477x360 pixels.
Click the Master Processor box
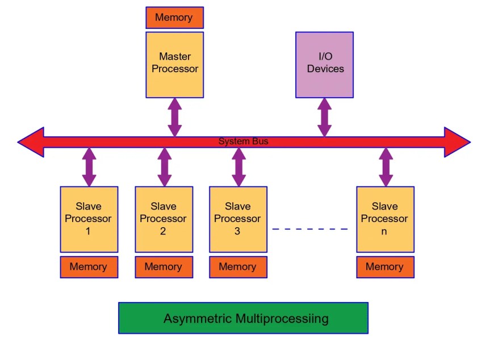point(174,64)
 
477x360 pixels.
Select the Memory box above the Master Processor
point(174,18)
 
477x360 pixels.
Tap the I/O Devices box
point(324,64)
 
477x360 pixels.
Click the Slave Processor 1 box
point(89,219)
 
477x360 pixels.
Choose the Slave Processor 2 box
point(164,219)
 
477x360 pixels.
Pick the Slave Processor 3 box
point(238,219)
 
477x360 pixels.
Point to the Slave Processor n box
point(385,219)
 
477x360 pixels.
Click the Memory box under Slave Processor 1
point(89,267)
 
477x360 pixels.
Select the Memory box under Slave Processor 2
point(164,267)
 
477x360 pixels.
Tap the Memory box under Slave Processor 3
point(238,267)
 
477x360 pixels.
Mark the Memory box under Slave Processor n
point(385,267)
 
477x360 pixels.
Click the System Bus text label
point(243,141)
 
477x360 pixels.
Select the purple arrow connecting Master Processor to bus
point(175,117)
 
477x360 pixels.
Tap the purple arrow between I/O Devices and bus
point(324,117)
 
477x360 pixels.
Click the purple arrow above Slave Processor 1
point(89,167)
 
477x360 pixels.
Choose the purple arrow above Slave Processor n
point(386,167)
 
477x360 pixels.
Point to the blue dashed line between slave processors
point(309,229)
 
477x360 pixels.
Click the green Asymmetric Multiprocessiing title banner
point(243,318)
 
